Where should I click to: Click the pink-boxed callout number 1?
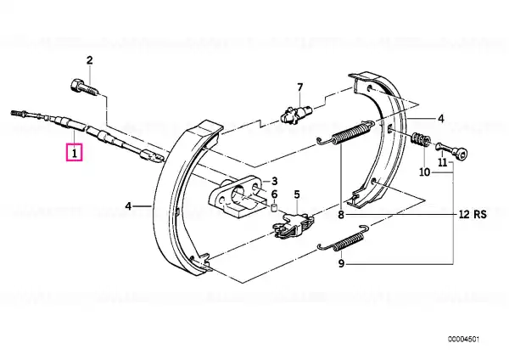point(75,153)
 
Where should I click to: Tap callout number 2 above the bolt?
point(89,59)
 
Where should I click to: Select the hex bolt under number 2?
point(84,87)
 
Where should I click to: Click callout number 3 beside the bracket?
point(275,181)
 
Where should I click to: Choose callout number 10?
point(424,172)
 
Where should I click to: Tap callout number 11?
point(443,162)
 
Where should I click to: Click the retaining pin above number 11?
point(452,151)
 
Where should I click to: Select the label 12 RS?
point(473,215)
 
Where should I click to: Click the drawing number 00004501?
point(463,340)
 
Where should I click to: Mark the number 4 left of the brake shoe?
point(129,205)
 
